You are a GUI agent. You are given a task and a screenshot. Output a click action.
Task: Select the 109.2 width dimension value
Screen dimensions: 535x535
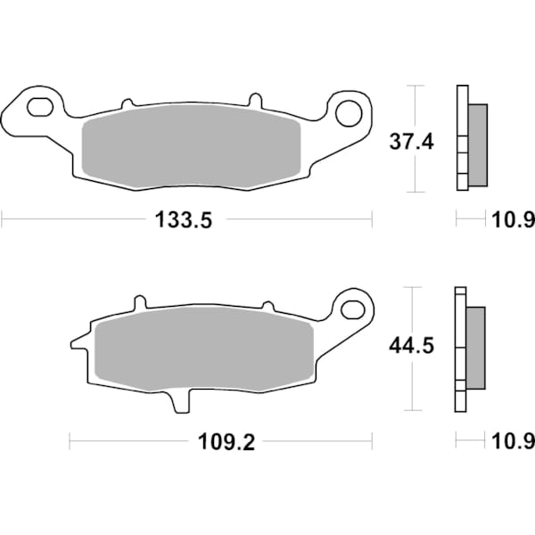[x=224, y=442]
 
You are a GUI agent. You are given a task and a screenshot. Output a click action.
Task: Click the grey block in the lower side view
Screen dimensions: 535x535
[x=476, y=348]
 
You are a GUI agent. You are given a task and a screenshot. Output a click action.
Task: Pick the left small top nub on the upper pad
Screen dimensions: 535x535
[x=127, y=103]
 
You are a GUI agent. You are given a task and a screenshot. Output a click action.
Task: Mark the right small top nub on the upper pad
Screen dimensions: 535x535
[x=255, y=97]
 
